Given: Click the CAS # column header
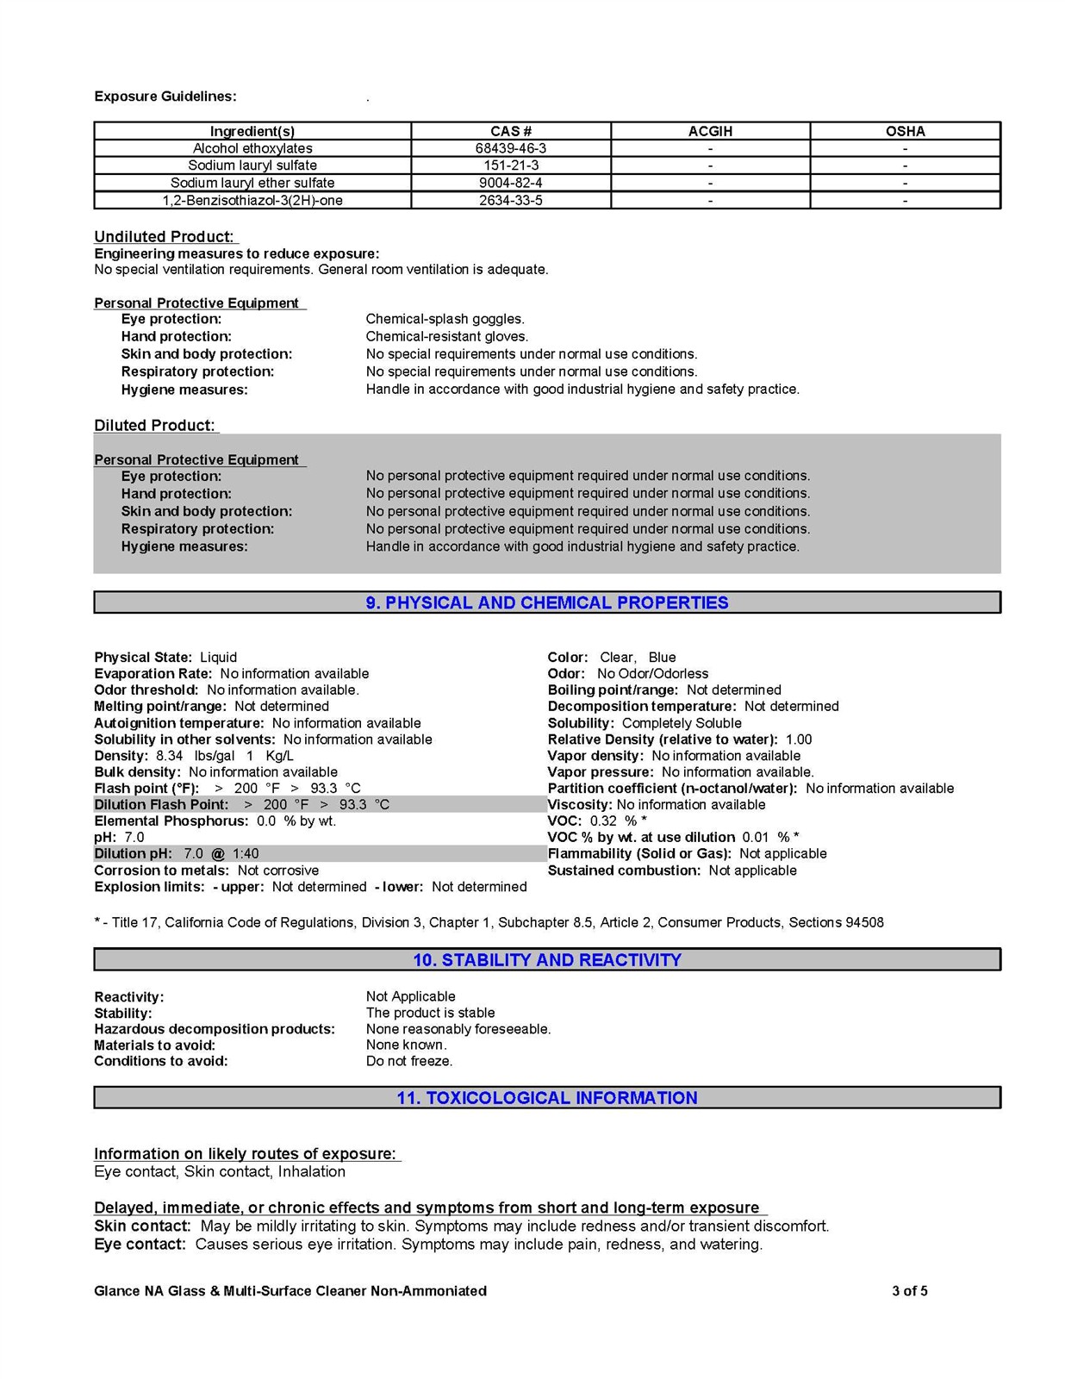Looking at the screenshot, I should [511, 131].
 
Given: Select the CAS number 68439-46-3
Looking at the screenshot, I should [511, 148].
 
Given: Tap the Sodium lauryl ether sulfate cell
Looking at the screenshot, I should [252, 183].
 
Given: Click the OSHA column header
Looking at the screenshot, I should [905, 131].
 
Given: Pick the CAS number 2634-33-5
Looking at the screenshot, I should [511, 201].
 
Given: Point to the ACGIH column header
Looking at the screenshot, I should [710, 131].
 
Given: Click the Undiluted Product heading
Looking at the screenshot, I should [164, 237].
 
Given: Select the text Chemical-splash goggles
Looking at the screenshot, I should [445, 319].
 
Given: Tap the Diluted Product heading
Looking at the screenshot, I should [154, 426].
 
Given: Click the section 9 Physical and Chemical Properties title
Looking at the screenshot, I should [547, 602].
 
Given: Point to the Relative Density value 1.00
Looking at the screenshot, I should [799, 739].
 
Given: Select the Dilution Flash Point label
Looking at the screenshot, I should [161, 804].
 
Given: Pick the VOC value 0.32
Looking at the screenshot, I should [604, 821].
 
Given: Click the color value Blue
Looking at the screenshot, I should [662, 658].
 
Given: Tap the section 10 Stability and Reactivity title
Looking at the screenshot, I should [547, 960].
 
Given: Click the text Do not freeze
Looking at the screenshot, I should [409, 1061].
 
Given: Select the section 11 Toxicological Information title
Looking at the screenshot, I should [547, 1098].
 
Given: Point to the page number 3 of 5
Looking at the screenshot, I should [910, 1291].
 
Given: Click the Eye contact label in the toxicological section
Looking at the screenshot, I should [140, 1245].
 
